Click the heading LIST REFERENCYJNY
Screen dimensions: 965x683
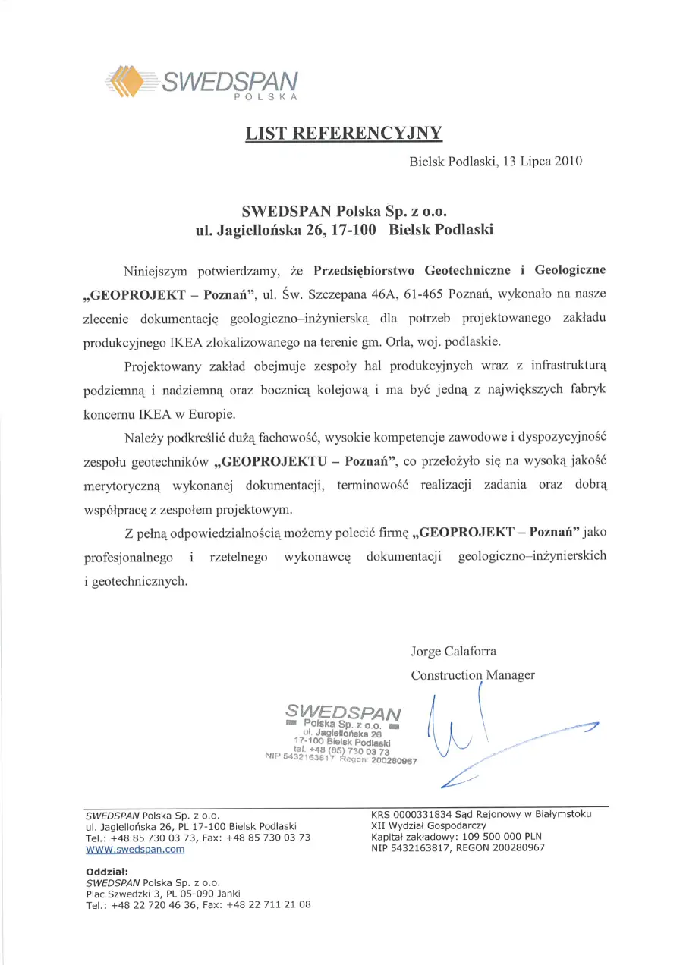(x=343, y=134)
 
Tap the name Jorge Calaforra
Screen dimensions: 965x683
(x=454, y=651)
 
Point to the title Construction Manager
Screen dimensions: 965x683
(x=473, y=674)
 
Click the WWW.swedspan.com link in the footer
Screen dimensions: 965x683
(x=135, y=850)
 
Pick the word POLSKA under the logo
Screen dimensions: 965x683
(x=265, y=97)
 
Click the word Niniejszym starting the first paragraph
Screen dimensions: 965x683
(x=157, y=270)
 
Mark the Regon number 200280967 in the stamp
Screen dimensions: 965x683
(x=392, y=760)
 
